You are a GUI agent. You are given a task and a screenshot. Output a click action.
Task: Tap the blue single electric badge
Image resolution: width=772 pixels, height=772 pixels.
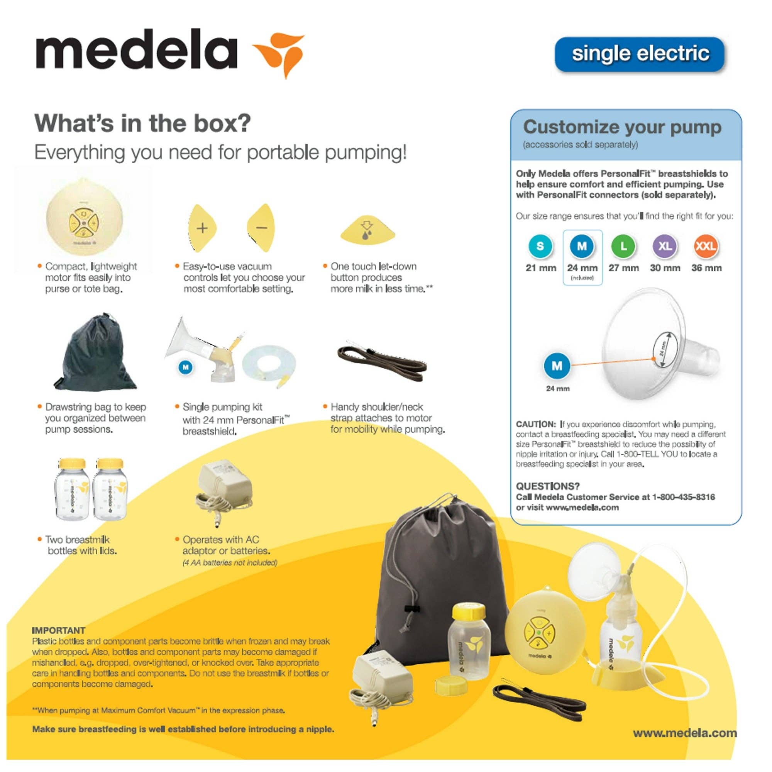[639, 54]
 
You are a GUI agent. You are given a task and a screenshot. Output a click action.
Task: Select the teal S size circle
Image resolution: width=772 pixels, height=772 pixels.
[540, 246]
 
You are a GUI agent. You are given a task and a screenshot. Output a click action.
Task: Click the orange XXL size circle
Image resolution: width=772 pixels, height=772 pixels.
[706, 246]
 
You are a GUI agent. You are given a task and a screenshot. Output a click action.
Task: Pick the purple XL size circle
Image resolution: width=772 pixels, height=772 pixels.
[665, 246]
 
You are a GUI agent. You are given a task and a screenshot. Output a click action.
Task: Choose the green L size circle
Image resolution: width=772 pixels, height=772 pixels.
[623, 246]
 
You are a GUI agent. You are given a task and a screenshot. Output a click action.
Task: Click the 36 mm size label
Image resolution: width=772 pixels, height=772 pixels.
[706, 268]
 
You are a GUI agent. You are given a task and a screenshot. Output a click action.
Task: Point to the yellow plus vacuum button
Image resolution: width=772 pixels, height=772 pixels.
[203, 228]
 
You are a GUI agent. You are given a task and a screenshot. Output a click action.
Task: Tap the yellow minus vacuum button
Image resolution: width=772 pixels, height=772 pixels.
[261, 228]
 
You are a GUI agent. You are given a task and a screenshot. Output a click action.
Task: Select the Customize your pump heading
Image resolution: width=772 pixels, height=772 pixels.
[622, 127]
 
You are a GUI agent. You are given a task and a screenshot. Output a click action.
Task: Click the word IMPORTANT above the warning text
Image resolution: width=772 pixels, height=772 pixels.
[58, 630]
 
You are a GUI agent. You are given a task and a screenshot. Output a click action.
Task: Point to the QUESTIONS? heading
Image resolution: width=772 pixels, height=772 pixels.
[547, 486]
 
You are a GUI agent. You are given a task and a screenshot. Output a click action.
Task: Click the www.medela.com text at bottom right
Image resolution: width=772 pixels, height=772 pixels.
[684, 733]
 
